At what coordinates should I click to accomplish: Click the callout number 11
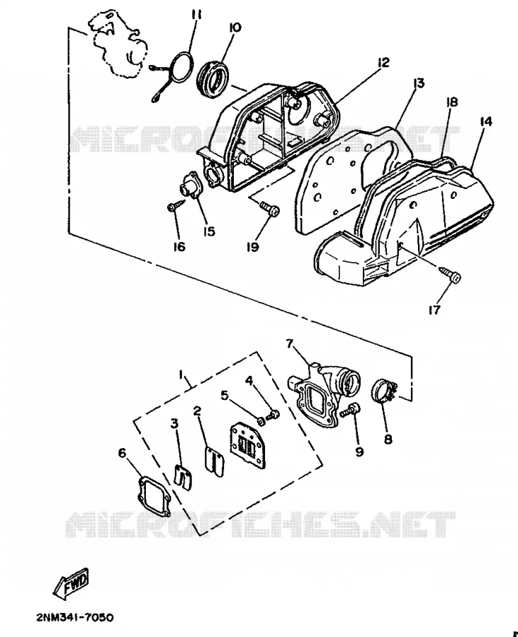click(196, 15)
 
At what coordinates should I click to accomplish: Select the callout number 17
click(434, 311)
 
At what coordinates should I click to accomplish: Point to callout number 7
click(290, 344)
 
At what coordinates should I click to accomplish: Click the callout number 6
click(122, 452)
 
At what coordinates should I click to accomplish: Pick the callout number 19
click(253, 246)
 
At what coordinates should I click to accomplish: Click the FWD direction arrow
click(71, 583)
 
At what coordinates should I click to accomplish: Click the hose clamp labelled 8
click(384, 393)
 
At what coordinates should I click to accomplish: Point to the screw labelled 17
click(449, 274)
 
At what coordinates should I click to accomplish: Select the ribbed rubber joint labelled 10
click(213, 77)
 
